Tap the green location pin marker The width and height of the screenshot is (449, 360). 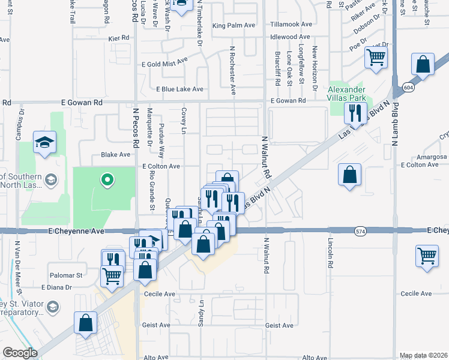point(107,179)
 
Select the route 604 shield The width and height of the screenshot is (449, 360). point(408,88)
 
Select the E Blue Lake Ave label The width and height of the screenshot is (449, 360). point(179,89)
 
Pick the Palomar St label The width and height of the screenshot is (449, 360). point(67,275)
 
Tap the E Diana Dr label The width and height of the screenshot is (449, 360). point(56,287)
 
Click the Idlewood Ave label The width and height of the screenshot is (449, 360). point(291,37)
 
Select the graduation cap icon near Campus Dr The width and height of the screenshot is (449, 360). point(44,142)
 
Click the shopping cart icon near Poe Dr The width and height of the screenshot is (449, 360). point(376,58)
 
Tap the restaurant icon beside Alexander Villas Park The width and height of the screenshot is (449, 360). point(355,112)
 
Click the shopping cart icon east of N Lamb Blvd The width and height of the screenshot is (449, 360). point(427,255)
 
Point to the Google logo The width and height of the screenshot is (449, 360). point(20,353)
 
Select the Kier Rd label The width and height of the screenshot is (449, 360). point(119,38)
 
